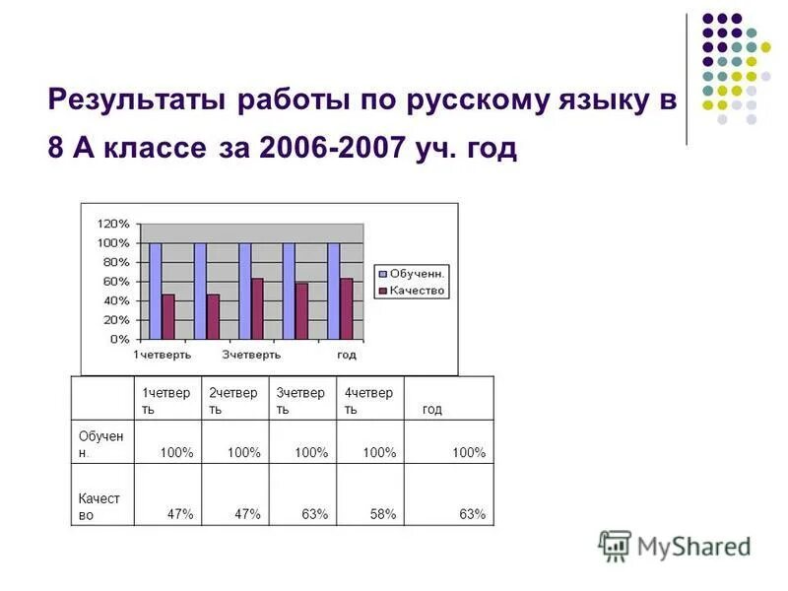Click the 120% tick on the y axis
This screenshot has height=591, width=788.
[x=113, y=224]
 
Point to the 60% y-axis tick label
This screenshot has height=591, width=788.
[x=116, y=282]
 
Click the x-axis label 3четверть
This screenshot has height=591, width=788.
[x=251, y=355]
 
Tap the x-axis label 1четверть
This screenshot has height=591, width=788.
[x=163, y=355]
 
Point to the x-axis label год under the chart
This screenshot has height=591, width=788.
[x=346, y=355]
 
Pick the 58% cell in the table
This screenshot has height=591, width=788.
[x=383, y=514]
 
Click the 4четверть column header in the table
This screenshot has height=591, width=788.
[x=368, y=400]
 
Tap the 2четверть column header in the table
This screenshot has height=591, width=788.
[x=233, y=400]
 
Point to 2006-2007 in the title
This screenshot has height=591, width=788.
[x=324, y=150]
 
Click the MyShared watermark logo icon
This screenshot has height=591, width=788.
[x=615, y=546]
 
